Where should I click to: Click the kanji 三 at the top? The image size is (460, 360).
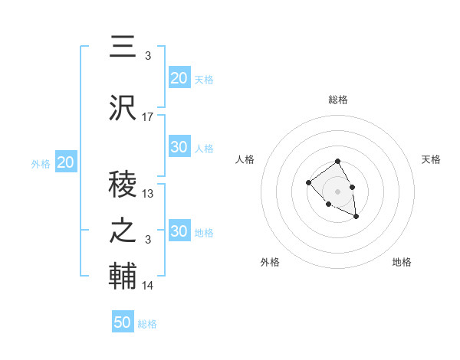click(x=123, y=47)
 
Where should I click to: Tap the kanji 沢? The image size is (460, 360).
click(x=123, y=108)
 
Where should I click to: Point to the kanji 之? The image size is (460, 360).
click(x=123, y=232)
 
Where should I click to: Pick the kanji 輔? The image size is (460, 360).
click(x=123, y=277)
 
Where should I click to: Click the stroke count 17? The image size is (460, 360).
click(x=148, y=117)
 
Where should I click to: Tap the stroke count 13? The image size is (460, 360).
click(x=148, y=194)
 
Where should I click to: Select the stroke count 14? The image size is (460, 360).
click(x=148, y=286)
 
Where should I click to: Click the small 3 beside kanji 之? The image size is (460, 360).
click(x=148, y=240)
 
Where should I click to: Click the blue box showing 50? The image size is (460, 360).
click(x=123, y=322)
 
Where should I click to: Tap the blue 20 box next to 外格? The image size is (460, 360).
click(x=66, y=162)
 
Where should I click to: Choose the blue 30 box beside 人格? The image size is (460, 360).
click(x=179, y=147)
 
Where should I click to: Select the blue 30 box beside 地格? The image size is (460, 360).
click(x=179, y=231)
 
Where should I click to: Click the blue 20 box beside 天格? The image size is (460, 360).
click(x=179, y=78)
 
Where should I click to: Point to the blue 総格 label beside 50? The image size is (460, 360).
click(x=147, y=324)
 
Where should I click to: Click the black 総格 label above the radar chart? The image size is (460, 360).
click(x=338, y=100)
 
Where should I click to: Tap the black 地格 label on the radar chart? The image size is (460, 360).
click(x=402, y=262)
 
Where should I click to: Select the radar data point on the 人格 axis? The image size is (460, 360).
click(x=308, y=182)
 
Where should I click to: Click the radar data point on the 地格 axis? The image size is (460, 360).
click(x=356, y=218)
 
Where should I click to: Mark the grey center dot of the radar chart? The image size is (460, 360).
click(x=338, y=191)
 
